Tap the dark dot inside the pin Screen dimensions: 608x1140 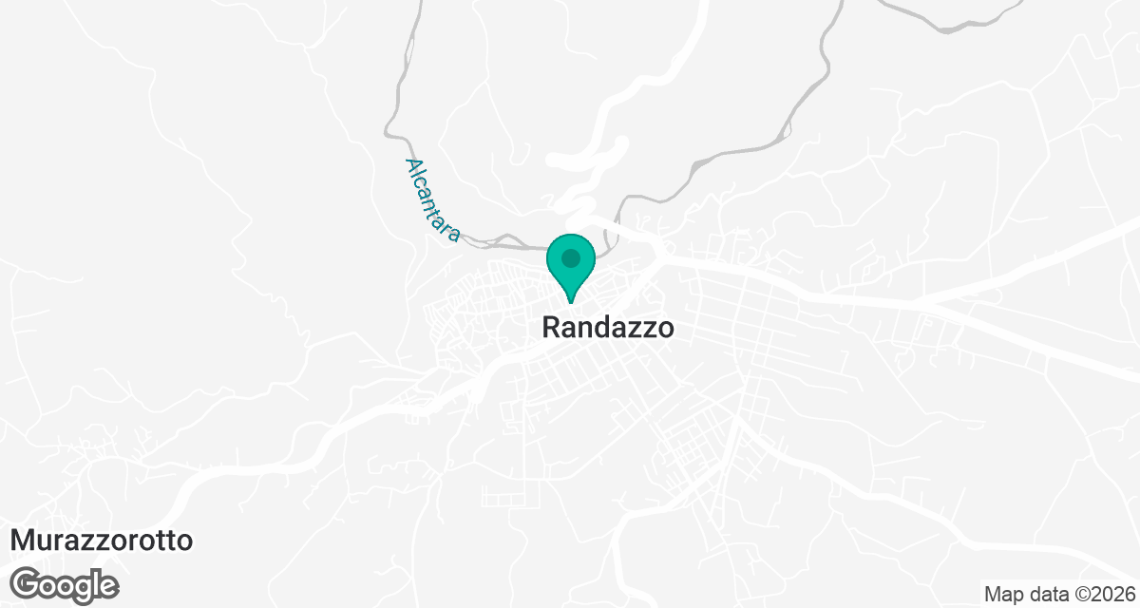coord(570,257)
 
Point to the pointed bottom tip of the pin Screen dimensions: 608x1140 coord(570,302)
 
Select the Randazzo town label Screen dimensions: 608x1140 coord(608,328)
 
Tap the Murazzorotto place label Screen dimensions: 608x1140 coord(102,541)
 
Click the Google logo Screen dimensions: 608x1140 coord(66,584)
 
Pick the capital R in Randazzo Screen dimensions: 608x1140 coord(551,328)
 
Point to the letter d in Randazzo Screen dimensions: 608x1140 coord(601,328)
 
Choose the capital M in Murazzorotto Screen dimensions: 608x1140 coord(22,541)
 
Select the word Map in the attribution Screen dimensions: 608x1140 coord(1001,594)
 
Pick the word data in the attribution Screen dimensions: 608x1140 coord(1040,594)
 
